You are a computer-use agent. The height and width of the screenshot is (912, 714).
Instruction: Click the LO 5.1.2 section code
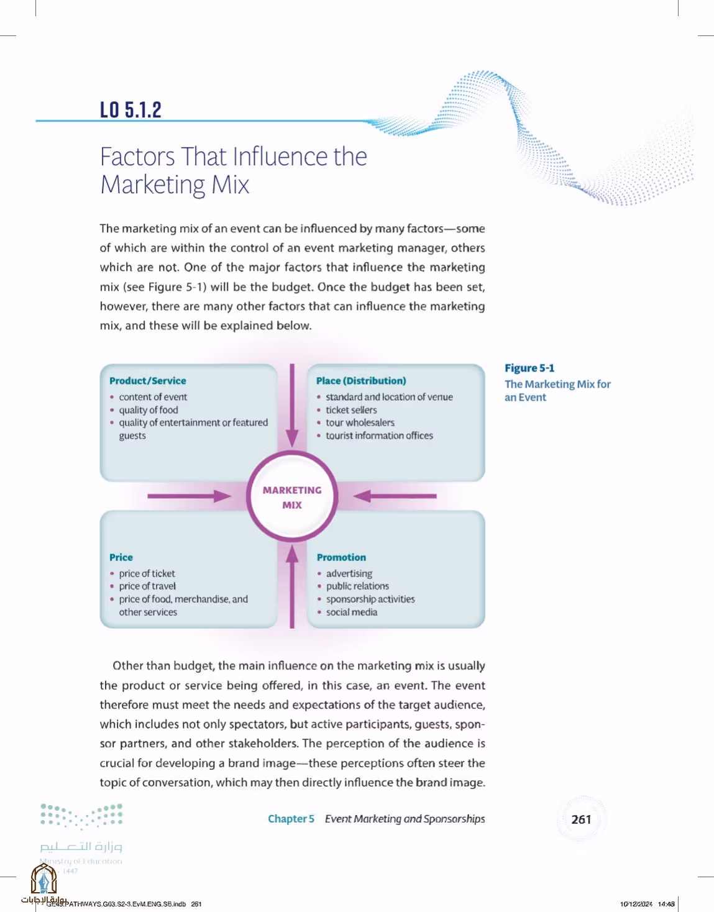(x=130, y=110)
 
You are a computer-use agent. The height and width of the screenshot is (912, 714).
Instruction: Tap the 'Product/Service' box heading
(x=147, y=381)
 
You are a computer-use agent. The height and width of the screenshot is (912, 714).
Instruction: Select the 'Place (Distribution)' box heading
(x=361, y=381)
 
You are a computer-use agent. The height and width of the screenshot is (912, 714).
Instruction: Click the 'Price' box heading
(x=121, y=557)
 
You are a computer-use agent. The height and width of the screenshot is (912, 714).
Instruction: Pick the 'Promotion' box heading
(x=341, y=557)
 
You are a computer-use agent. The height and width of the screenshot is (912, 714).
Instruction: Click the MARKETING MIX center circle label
(x=292, y=498)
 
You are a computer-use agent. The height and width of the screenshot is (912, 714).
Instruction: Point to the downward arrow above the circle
(x=292, y=406)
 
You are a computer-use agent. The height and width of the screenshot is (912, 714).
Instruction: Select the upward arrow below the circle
(x=292, y=586)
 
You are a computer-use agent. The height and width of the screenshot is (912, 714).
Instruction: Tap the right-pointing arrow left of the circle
(x=190, y=496)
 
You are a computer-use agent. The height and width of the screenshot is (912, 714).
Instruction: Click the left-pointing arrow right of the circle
(x=395, y=496)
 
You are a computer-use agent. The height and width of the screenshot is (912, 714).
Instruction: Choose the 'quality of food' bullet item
(x=148, y=410)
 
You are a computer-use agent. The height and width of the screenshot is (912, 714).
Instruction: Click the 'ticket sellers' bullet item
(x=351, y=410)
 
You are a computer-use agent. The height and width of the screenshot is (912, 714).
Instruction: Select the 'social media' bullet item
(x=352, y=612)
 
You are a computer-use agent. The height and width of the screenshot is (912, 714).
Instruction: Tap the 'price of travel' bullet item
(x=147, y=586)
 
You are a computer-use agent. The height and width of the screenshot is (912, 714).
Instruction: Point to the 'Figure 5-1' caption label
(x=529, y=368)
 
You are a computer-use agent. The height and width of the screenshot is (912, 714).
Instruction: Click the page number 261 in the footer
(x=581, y=819)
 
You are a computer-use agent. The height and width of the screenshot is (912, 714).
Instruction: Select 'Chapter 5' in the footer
(x=291, y=819)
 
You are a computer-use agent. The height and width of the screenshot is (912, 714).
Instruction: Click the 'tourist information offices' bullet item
(x=380, y=435)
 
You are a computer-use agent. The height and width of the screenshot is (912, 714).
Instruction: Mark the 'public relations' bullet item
(x=358, y=586)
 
